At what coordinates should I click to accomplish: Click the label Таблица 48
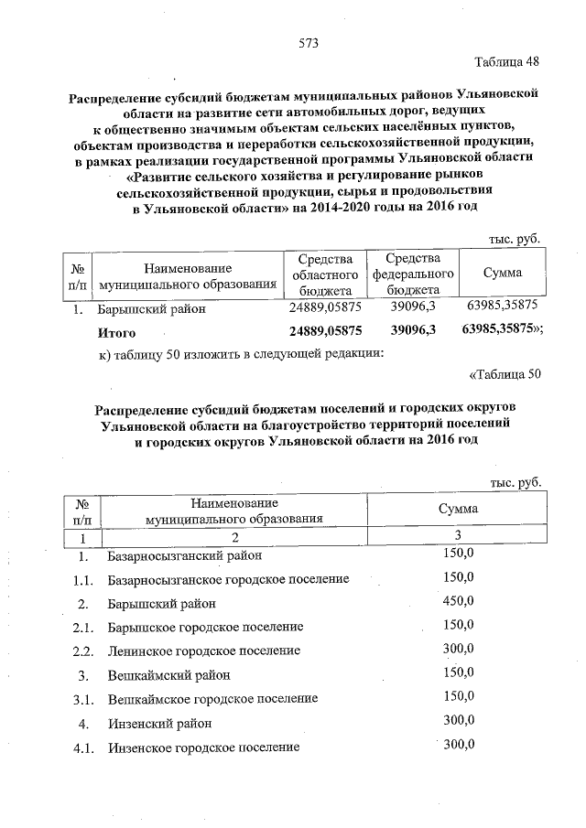(x=507, y=62)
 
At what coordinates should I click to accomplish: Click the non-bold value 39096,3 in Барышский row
(x=413, y=307)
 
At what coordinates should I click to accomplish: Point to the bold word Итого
(x=117, y=332)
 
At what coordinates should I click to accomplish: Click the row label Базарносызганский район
(x=185, y=555)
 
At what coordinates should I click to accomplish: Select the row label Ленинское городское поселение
(x=204, y=651)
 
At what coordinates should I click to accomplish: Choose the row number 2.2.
(x=83, y=651)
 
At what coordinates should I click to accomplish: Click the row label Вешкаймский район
(x=168, y=675)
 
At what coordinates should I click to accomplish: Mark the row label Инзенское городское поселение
(x=203, y=747)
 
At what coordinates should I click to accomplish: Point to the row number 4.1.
(x=83, y=747)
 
